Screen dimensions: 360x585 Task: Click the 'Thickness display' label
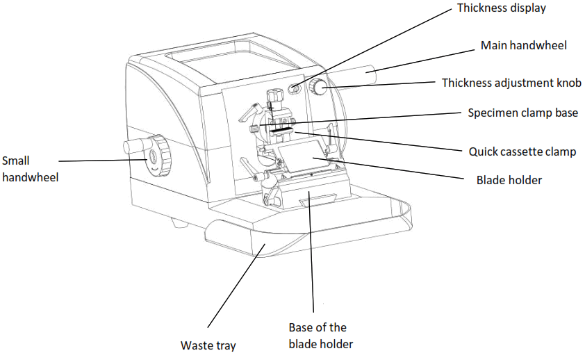tap(502, 9)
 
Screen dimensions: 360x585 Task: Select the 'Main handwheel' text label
tap(524, 46)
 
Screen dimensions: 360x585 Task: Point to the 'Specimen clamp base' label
tap(522, 113)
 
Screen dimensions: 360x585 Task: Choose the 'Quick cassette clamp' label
tap(522, 151)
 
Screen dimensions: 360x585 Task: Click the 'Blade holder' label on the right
tap(509, 180)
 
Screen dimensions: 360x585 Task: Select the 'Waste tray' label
tap(208, 345)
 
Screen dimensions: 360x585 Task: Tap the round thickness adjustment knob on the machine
tap(320, 88)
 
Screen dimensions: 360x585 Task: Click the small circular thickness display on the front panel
tap(294, 88)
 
